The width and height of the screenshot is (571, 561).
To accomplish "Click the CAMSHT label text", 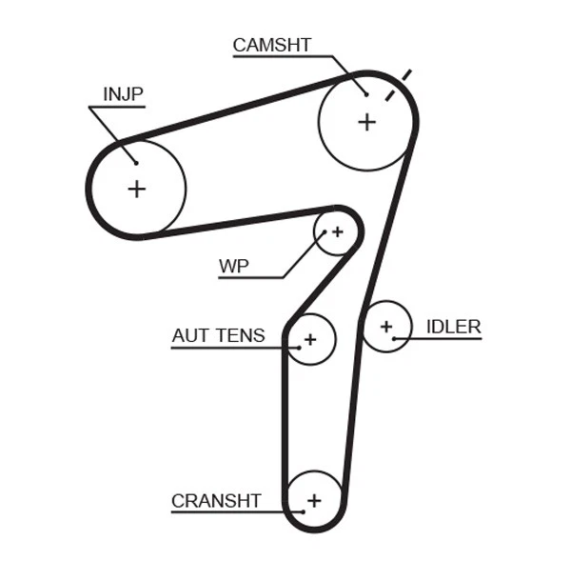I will pos(271,44).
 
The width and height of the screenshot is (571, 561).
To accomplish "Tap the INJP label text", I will pos(122,93).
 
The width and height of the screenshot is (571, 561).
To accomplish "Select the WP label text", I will pos(233,266).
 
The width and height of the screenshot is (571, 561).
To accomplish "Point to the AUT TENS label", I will pos(218,335).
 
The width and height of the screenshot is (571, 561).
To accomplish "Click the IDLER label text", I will pos(453,327).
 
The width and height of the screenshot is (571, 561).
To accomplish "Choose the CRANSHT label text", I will pos(215,500).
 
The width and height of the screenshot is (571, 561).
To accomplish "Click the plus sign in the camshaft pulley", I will pos(366,122).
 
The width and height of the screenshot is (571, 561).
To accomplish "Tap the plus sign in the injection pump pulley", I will pos(136,189).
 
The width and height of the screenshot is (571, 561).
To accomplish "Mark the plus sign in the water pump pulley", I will pos(336,232).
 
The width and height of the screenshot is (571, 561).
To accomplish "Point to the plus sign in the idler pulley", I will pos(386,327).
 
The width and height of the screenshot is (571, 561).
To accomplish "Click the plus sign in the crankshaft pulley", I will pos(314,500).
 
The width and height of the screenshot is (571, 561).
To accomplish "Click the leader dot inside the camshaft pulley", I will pos(365,93).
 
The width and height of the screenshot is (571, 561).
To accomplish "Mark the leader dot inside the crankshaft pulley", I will pos(302,512).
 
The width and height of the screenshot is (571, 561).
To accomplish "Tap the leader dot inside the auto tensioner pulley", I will pos(298,348).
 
